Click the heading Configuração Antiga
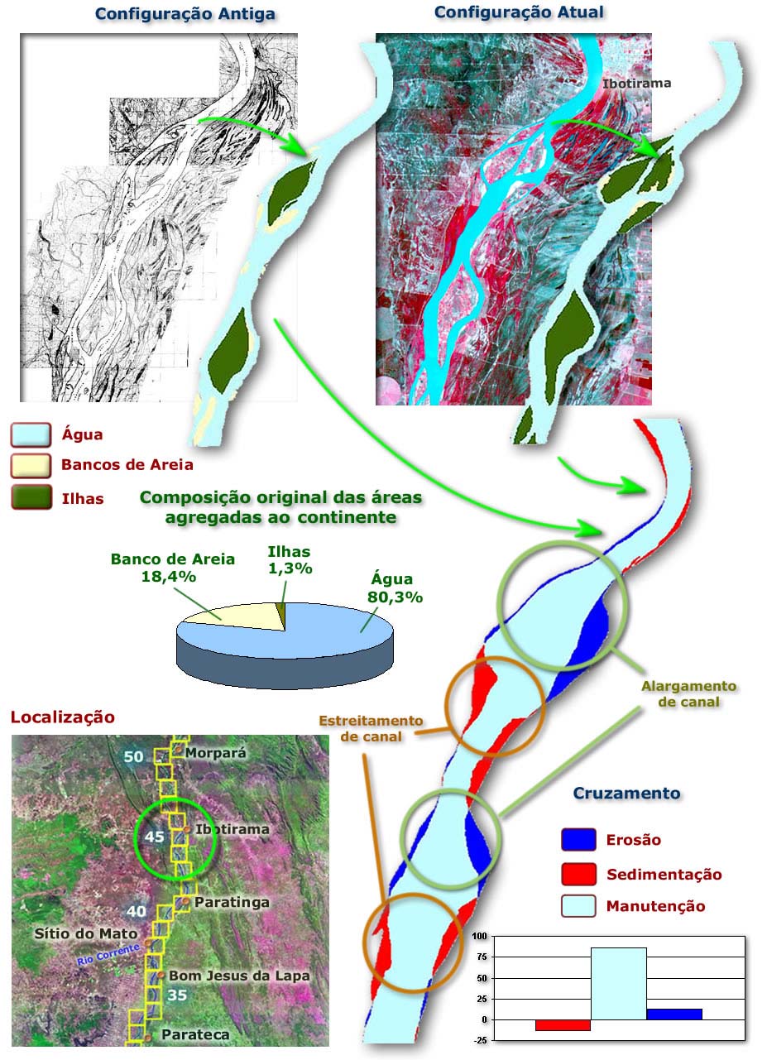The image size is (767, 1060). point(185,14)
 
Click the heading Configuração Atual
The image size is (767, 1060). point(519,12)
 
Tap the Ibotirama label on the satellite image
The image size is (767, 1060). point(636,84)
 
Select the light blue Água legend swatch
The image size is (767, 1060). point(31,434)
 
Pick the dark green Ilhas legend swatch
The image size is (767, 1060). point(31,498)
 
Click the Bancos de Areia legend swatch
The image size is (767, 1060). point(31,466)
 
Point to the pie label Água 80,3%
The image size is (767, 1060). point(395,588)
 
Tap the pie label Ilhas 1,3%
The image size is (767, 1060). point(289,560)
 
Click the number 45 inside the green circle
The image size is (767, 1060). point(155,837)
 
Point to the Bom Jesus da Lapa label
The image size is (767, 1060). point(239,976)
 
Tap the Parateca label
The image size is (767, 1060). point(195,1034)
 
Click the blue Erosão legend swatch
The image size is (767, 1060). point(578,840)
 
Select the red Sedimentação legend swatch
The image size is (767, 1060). point(578,874)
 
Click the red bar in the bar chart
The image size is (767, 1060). point(563,1024)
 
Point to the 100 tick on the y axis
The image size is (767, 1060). point(480,936)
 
